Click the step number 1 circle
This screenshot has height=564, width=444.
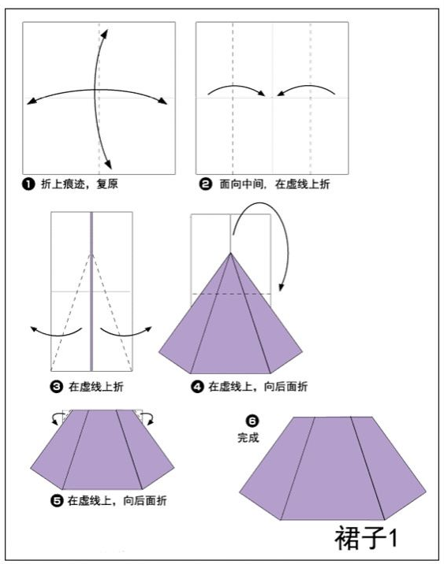(28, 184)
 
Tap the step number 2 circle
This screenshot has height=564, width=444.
(205, 184)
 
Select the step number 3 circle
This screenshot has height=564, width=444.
(56, 386)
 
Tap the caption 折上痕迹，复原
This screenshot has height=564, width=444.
(76, 184)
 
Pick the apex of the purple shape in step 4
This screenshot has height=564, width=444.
(230, 254)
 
